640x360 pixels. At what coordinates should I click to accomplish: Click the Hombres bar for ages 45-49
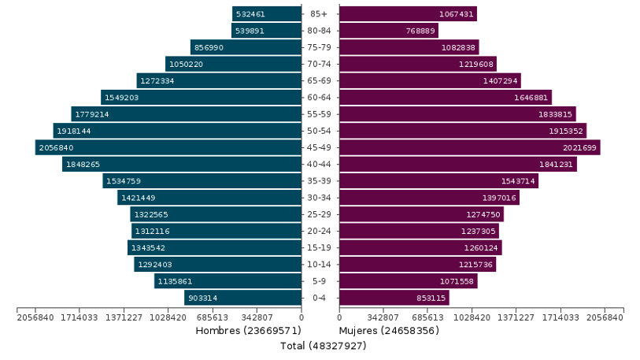(x=168, y=147)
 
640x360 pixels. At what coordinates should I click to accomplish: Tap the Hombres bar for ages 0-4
(x=242, y=298)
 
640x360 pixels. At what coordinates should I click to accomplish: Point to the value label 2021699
(x=579, y=148)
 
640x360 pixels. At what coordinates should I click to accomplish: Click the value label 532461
(x=250, y=14)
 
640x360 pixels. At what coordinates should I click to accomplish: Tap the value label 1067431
(x=456, y=14)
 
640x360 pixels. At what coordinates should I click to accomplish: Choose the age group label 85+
(x=320, y=14)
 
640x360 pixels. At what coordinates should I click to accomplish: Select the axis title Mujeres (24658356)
(x=388, y=331)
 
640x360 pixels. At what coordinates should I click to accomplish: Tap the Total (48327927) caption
(x=324, y=346)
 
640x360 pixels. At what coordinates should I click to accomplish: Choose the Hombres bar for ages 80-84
(x=266, y=31)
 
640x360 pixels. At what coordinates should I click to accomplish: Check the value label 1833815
(x=555, y=114)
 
